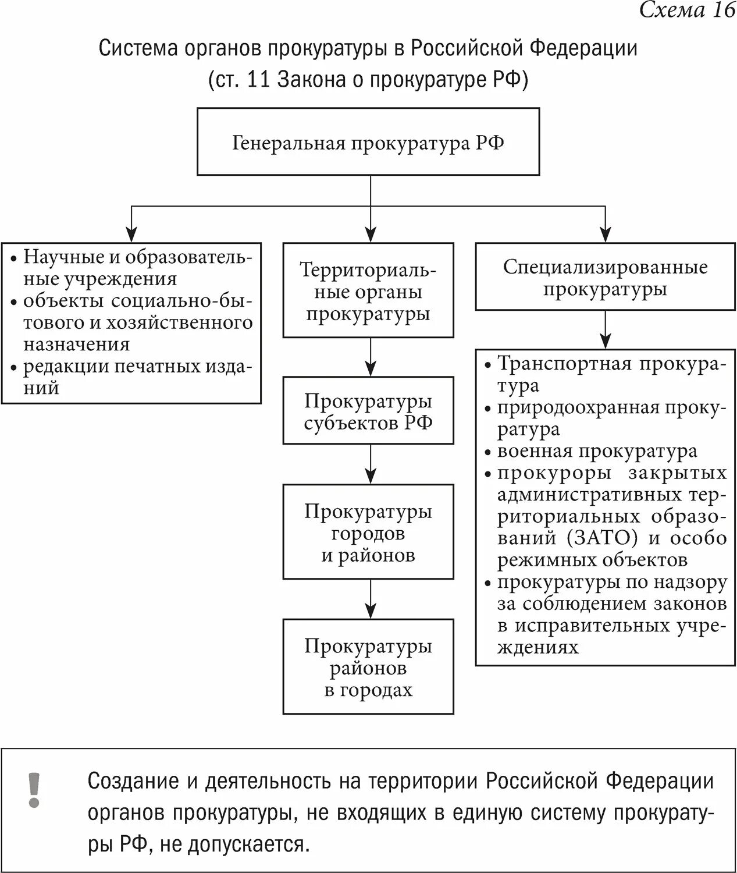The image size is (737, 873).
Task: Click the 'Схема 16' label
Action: click(x=687, y=10)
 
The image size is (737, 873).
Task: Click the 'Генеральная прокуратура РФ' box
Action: click(x=368, y=142)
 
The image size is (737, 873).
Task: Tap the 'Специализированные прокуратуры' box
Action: click(x=605, y=278)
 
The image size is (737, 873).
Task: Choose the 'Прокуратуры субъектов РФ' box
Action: click(x=368, y=411)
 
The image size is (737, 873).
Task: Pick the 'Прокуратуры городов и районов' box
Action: click(x=368, y=533)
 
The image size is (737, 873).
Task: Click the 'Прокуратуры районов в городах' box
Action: click(x=368, y=668)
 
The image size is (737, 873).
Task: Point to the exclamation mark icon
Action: click(x=34, y=790)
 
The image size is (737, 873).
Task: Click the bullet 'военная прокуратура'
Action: click(x=597, y=452)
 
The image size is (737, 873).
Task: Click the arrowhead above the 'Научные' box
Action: click(x=133, y=232)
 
